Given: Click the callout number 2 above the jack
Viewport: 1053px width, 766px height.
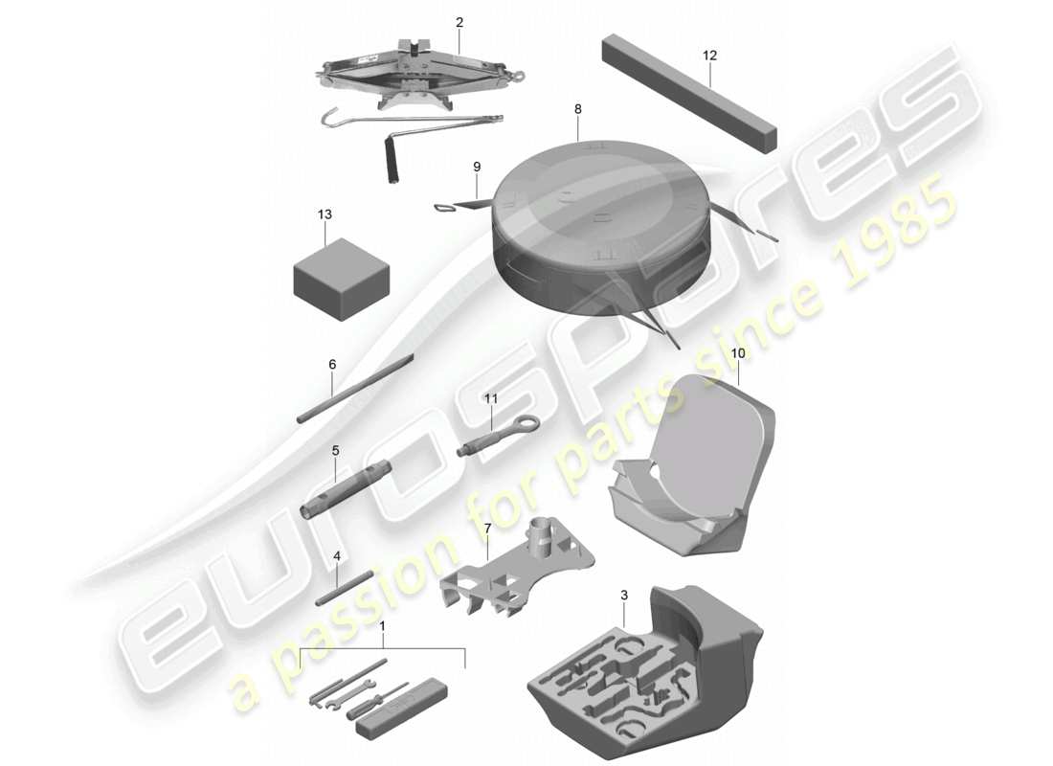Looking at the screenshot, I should click(x=459, y=21).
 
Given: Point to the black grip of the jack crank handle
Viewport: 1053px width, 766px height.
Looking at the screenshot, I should click(x=391, y=159).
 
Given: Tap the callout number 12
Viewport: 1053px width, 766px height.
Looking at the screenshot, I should click(x=709, y=56).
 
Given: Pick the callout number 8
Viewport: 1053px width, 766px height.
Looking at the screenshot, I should click(x=578, y=109).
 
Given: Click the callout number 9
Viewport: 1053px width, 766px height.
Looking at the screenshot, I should click(x=476, y=166).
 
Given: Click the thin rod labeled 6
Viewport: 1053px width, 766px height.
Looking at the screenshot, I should click(x=354, y=388).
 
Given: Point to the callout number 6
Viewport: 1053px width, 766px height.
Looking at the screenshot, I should click(x=332, y=365).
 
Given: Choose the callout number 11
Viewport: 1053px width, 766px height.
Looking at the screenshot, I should click(x=492, y=396).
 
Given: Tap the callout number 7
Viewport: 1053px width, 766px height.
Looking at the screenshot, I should click(x=487, y=528).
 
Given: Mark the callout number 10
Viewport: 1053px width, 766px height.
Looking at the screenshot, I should click(x=738, y=353).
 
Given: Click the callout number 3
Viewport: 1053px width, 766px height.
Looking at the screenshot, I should click(x=624, y=595).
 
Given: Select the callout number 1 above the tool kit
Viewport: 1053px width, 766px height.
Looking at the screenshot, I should click(x=384, y=627).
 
